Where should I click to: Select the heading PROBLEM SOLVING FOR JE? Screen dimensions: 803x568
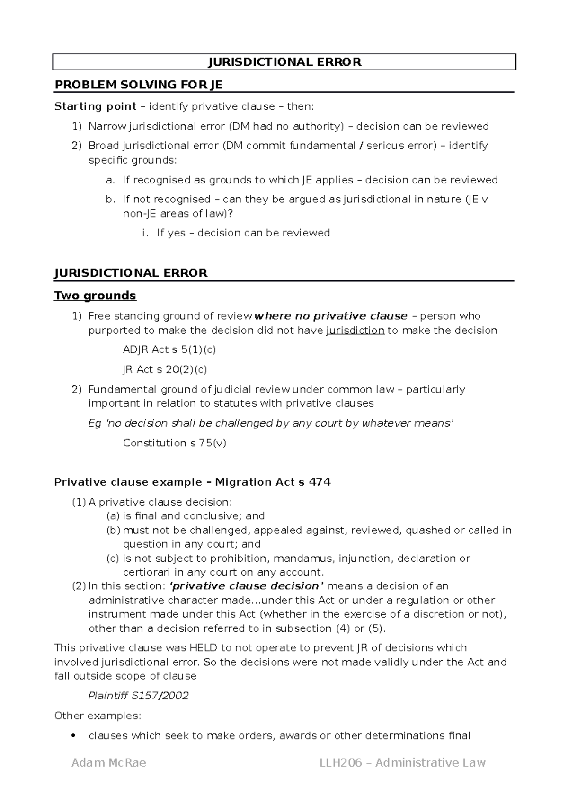(138, 85)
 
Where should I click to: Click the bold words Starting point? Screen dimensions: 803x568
(96, 106)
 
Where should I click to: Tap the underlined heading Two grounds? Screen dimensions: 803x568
(95, 296)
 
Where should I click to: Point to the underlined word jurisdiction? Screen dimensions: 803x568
(355, 330)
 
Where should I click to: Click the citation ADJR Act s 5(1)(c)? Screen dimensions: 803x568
(169, 349)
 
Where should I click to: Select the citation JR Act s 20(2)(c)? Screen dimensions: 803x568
(165, 369)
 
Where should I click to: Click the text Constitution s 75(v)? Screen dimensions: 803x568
(174, 443)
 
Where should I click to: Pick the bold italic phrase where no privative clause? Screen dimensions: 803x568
(331, 316)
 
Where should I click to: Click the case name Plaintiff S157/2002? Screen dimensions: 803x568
(138, 696)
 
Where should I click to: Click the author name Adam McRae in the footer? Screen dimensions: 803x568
(109, 763)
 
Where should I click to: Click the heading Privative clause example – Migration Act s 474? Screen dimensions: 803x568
(192, 482)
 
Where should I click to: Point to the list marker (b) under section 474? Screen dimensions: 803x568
(113, 530)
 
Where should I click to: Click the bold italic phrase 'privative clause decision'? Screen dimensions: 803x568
(247, 586)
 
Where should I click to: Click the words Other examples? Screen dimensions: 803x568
(98, 716)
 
